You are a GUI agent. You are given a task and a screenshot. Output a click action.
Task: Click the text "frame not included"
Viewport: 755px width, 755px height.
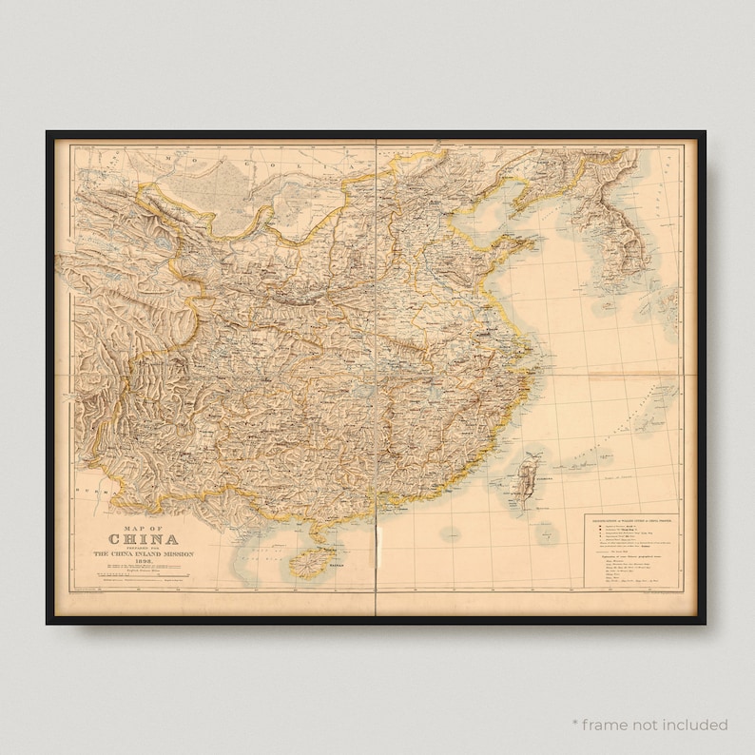click(656, 725)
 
